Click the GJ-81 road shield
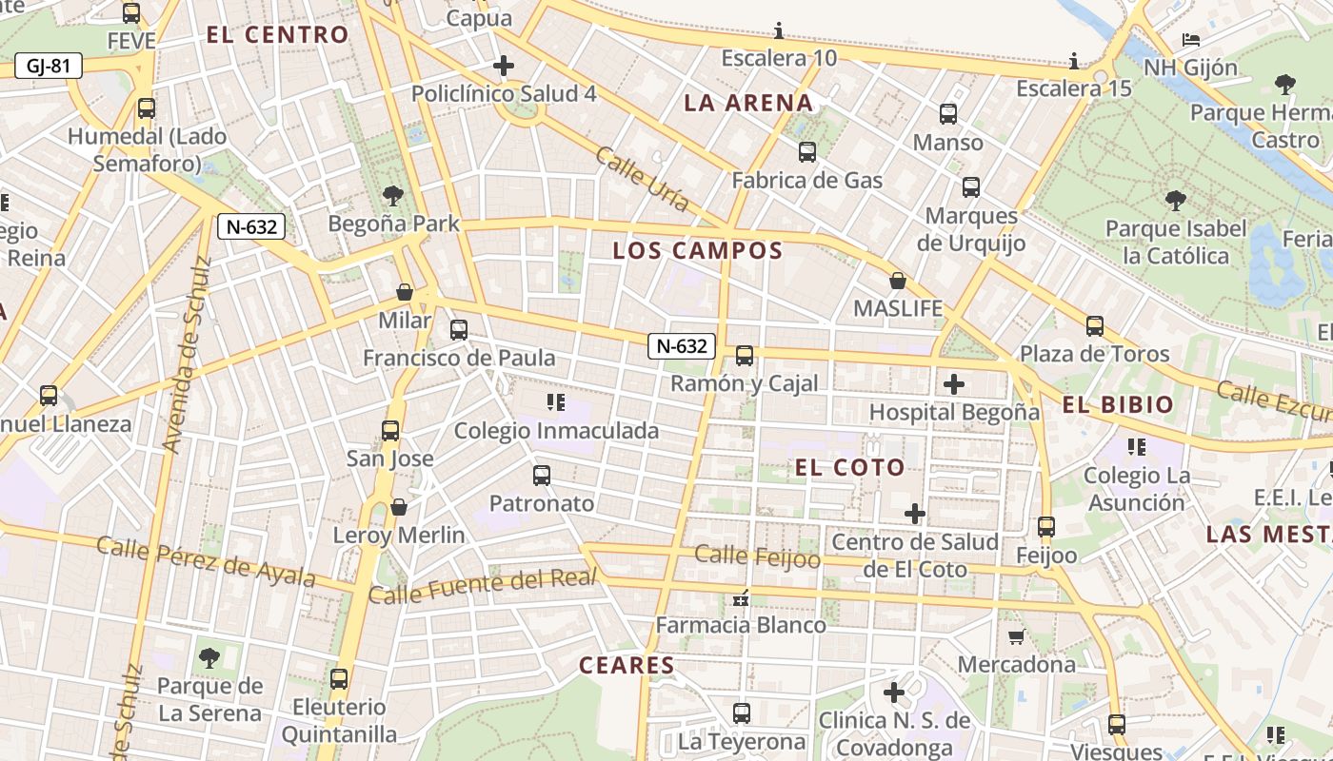click(49, 67)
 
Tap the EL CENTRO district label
click(278, 35)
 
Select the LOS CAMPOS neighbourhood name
click(697, 251)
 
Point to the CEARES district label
click(627, 666)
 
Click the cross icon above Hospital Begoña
click(953, 384)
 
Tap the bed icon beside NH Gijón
click(1190, 40)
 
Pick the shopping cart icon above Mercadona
click(1016, 636)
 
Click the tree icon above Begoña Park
click(392, 197)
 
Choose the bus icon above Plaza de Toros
click(1094, 326)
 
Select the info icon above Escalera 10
click(779, 31)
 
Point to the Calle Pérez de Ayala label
click(206, 562)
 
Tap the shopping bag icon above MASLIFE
click(897, 281)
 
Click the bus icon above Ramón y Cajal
click(744, 356)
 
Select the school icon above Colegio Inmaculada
click(556, 402)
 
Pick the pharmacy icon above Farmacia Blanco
click(741, 598)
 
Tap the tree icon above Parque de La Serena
click(209, 657)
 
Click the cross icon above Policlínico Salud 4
click(504, 66)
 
